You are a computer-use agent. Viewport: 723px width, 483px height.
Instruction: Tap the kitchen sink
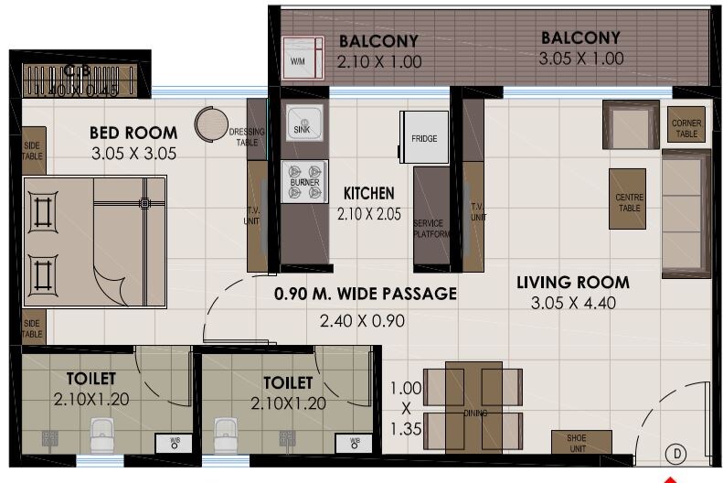point(303,122)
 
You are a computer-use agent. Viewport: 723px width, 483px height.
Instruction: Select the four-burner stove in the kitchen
point(304,176)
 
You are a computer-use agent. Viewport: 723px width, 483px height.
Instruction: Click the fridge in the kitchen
point(424,137)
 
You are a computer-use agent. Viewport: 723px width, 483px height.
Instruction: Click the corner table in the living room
point(687,128)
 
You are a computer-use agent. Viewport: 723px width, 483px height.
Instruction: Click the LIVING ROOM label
point(572,282)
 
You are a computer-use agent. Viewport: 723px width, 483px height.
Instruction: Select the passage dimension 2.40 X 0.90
point(361,321)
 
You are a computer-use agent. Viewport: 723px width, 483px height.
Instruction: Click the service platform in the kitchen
point(431,218)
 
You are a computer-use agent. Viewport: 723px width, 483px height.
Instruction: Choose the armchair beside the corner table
point(630,124)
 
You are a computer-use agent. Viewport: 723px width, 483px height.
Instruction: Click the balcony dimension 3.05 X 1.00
point(580,59)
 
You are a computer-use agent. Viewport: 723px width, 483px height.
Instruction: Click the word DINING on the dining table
point(475,413)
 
